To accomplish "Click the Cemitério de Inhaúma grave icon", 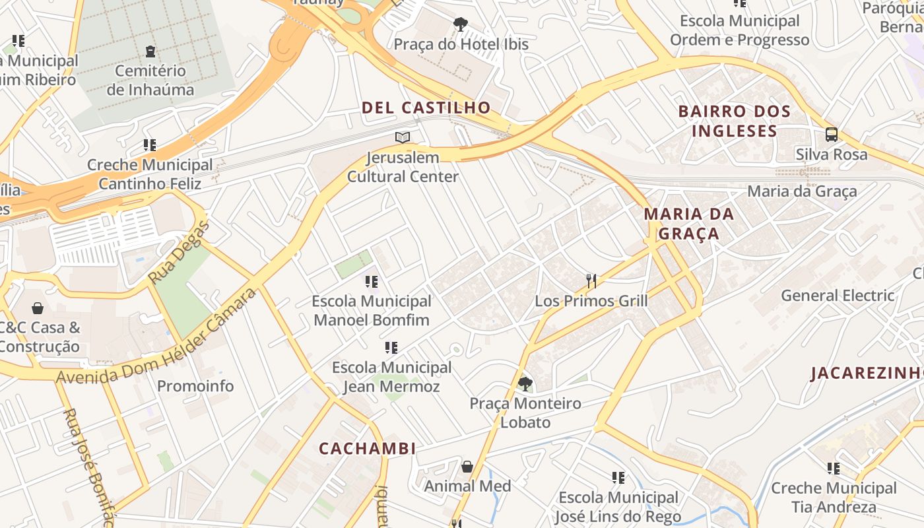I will [150, 51].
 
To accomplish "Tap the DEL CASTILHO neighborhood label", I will [426, 108].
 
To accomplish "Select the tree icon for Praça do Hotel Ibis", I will [461, 25].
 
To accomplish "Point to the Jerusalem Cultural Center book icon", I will [403, 138].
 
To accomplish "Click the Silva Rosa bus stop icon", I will [832, 135].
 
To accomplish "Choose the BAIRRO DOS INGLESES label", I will [735, 121].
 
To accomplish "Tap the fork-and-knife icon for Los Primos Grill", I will [591, 281].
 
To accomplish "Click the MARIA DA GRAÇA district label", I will [689, 224].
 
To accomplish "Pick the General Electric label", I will [838, 295].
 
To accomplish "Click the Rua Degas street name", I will [178, 253].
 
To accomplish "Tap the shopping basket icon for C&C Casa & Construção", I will [38, 308].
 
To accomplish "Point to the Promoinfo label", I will [195, 386].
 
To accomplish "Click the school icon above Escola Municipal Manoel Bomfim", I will [372, 282].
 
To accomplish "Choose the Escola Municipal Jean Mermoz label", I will [391, 377].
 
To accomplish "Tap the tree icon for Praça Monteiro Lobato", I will [525, 383].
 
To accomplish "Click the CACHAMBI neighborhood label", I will [368, 449].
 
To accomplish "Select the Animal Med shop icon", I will [467, 467].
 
